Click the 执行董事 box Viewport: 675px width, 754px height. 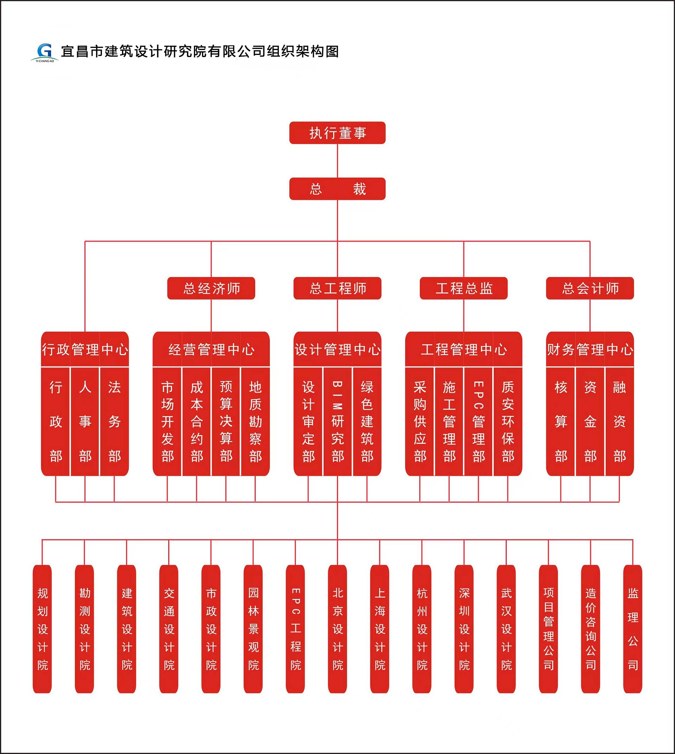[x=337, y=133]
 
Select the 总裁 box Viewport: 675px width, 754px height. [x=337, y=189]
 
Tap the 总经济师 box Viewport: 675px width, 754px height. [x=211, y=288]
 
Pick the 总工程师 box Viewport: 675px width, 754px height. [x=337, y=288]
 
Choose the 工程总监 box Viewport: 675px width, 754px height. [x=464, y=288]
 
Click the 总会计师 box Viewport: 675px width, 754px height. [x=590, y=288]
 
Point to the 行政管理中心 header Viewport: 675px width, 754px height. [x=85, y=349]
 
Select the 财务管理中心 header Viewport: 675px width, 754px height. [x=590, y=349]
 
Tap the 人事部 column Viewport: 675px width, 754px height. [x=85, y=422]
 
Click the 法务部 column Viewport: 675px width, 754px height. [x=114, y=422]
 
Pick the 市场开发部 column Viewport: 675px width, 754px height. [x=167, y=422]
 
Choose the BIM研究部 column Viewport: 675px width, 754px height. [x=337, y=422]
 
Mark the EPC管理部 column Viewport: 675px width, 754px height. [x=478, y=422]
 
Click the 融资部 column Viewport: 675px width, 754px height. [x=619, y=422]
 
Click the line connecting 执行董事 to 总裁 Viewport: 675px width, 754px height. [x=337, y=161]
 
